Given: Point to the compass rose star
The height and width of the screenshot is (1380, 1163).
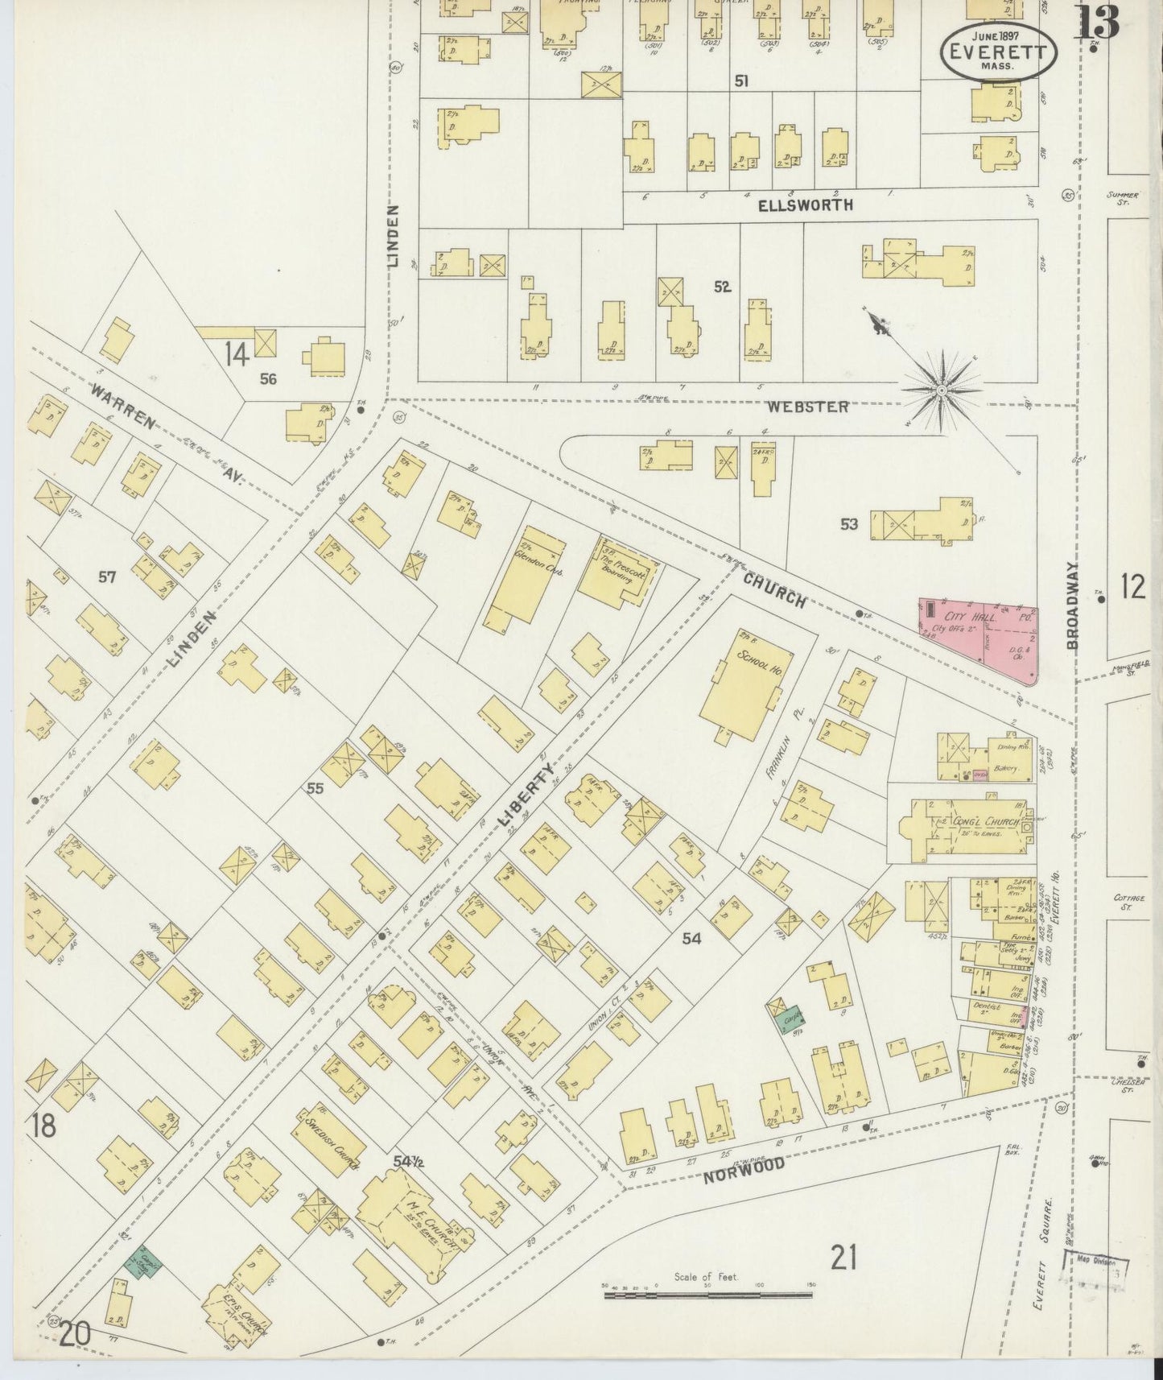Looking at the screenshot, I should (941, 390).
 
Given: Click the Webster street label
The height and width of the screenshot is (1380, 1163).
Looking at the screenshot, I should (807, 407).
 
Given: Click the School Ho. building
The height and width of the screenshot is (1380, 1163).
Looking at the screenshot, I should (740, 684).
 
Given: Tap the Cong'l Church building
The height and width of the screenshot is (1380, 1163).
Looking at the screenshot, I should (966, 827).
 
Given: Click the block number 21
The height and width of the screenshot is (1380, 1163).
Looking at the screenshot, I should (843, 1256).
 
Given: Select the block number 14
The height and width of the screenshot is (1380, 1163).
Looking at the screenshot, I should (237, 354).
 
